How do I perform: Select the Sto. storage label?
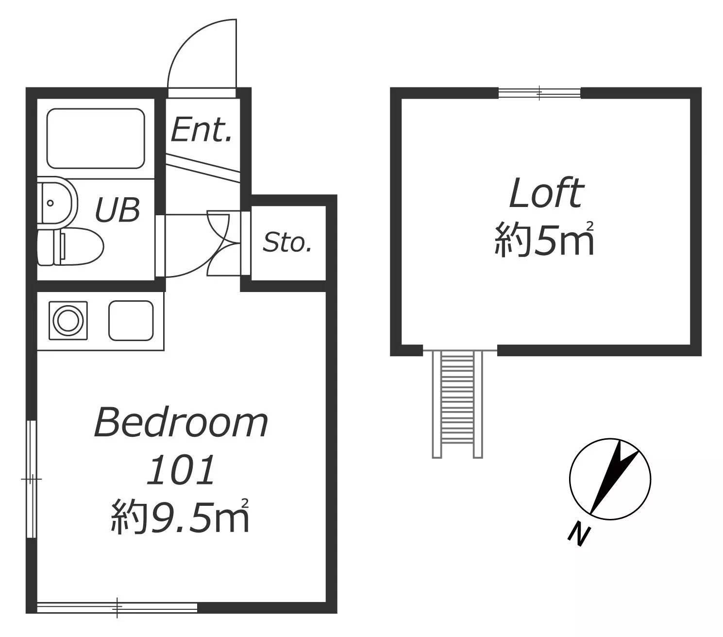coord(287,242)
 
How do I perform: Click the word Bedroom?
coord(181,423)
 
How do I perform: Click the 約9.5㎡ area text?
coord(180,516)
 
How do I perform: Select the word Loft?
coord(546,193)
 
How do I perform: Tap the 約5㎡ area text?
coord(544,239)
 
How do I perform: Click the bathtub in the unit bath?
coord(96,138)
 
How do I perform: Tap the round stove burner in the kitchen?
coord(68,320)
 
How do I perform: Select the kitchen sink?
coord(131,321)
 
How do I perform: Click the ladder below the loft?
coord(457,404)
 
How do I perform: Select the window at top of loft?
coord(539,93)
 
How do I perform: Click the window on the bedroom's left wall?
coord(32,479)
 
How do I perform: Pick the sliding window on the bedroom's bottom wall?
coord(117,607)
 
